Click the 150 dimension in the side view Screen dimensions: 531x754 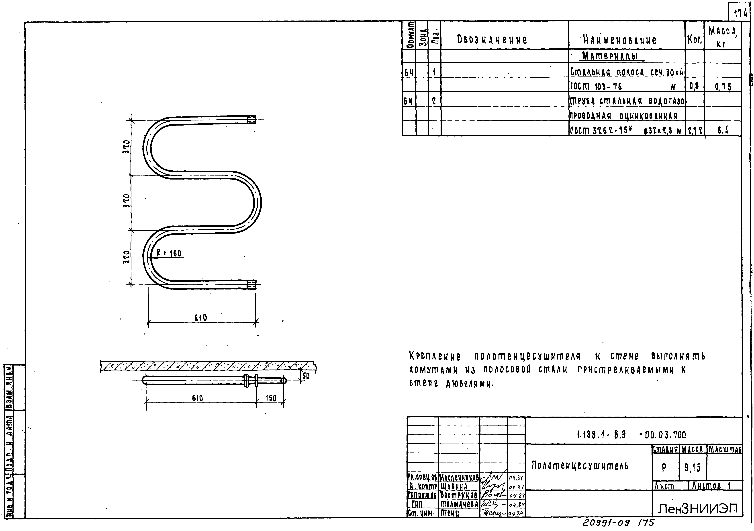[271, 398]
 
